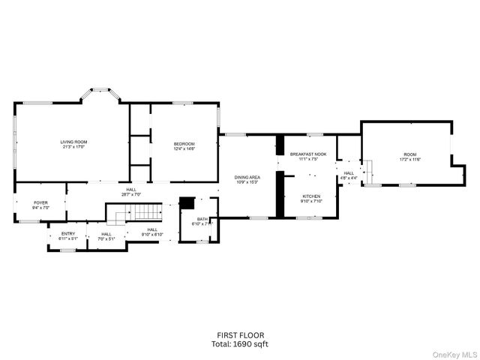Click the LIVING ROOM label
click(74, 142)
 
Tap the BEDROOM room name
click(184, 143)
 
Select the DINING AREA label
click(247, 177)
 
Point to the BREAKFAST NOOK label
click(307, 154)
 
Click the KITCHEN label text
click(311, 196)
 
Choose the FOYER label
click(40, 202)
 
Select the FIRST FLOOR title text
click(240, 335)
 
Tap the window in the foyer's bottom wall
click(31, 222)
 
